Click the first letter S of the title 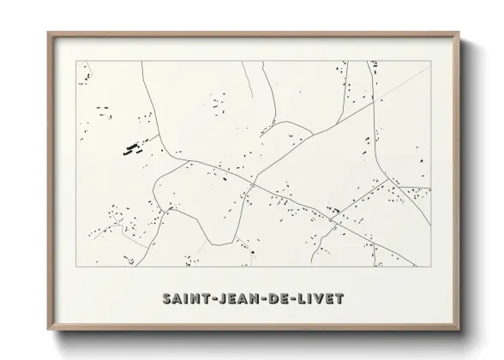coord(165,299)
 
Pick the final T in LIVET coord(342,299)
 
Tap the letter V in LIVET coord(322,299)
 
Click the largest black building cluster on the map coord(132,148)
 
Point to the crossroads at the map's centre coord(253,182)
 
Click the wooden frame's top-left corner coord(48,33)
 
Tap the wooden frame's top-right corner coord(461,33)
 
